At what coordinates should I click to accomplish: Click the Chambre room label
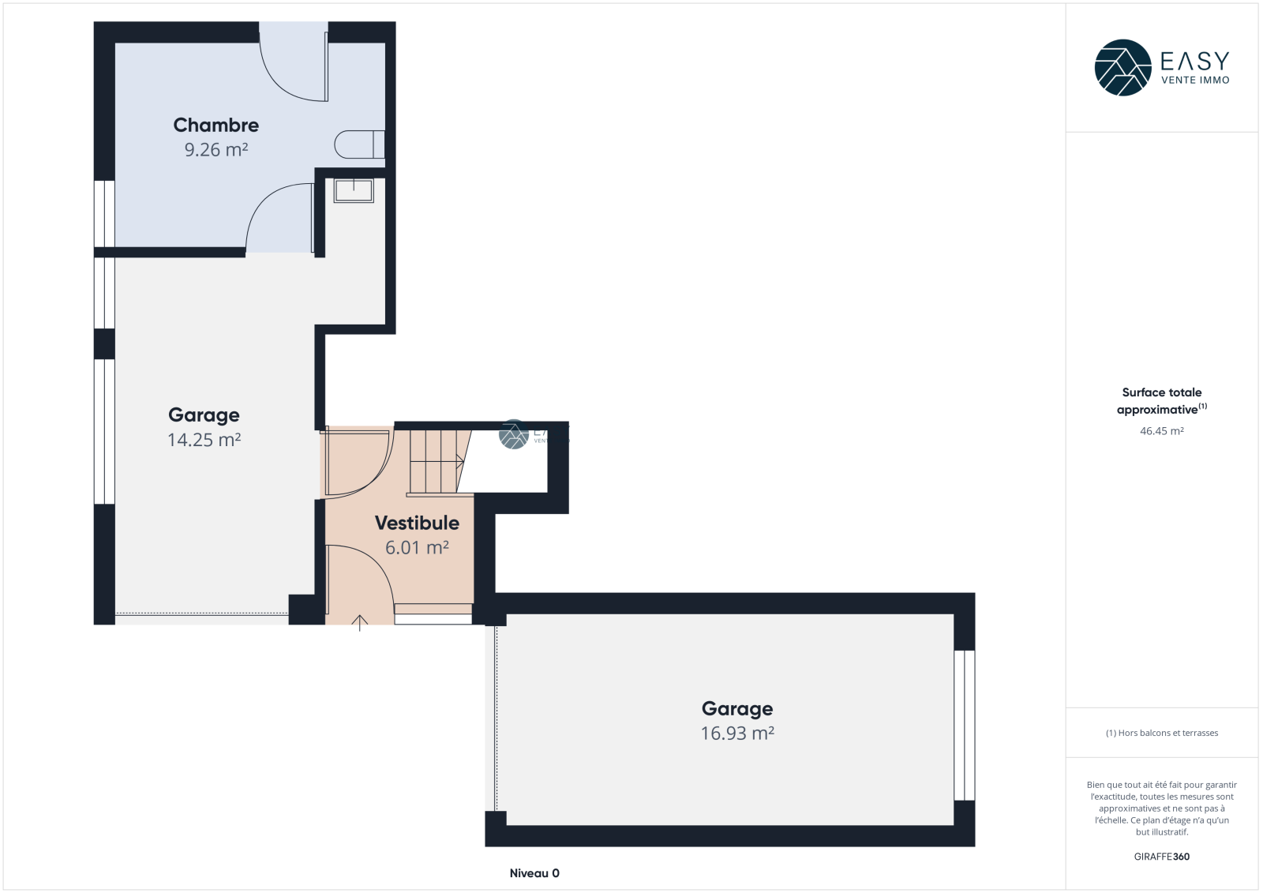[216, 125]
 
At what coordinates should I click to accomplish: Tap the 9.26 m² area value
[216, 149]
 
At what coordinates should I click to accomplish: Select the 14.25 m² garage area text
[204, 440]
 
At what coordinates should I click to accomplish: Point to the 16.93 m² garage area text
[737, 733]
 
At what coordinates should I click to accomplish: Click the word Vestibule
[418, 523]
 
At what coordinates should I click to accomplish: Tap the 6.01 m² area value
[418, 547]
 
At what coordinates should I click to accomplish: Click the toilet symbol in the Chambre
[360, 144]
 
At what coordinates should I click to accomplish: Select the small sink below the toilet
[354, 190]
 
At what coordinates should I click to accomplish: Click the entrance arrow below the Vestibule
[360, 623]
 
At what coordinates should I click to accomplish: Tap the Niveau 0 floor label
[534, 872]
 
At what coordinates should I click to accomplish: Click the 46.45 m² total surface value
[1161, 431]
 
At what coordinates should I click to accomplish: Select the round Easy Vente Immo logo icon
[1122, 68]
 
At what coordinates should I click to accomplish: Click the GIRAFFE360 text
[1161, 857]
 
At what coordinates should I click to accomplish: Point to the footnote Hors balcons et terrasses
[1161, 733]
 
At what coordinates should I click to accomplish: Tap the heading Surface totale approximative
[1161, 401]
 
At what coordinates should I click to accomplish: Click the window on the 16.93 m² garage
[964, 726]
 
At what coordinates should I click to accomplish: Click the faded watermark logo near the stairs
[514, 434]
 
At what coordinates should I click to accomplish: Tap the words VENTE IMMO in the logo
[1195, 80]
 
